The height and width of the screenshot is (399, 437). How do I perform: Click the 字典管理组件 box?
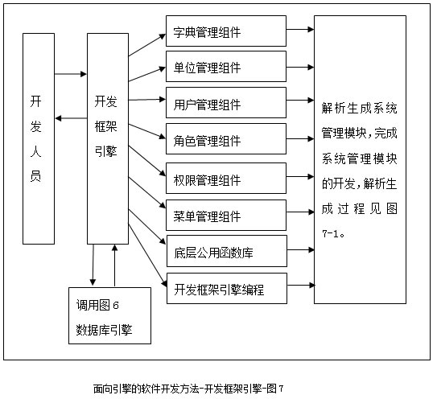[226, 31]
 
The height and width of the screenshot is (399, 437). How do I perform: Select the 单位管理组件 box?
[226, 66]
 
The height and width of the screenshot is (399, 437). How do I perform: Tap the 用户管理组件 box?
[226, 102]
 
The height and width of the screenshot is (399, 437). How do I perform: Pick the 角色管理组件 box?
[226, 138]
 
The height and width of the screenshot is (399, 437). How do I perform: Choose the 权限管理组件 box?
[226, 178]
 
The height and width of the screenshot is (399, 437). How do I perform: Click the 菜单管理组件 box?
[226, 215]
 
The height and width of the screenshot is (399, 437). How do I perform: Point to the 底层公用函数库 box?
[227, 251]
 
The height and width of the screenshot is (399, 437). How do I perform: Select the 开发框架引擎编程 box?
[227, 288]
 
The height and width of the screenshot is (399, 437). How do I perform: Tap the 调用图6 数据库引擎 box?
[109, 315]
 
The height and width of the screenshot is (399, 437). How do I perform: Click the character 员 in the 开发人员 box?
[35, 176]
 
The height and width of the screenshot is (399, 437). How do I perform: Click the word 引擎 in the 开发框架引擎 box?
[105, 151]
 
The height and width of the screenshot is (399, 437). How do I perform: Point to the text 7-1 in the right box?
[330, 233]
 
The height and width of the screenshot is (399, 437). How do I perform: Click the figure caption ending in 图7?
[188, 389]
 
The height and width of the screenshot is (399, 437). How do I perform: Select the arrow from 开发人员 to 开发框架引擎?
[71, 74]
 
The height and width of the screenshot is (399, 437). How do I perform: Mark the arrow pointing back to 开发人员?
[71, 118]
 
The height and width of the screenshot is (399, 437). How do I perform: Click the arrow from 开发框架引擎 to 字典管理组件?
[147, 45]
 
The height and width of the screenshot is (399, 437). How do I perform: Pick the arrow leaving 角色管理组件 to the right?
[300, 138]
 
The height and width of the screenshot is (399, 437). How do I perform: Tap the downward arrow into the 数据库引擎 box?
[93, 265]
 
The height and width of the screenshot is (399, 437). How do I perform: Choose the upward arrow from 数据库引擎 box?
[114, 265]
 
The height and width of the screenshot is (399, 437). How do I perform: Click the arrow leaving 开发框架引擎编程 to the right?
[301, 285]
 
